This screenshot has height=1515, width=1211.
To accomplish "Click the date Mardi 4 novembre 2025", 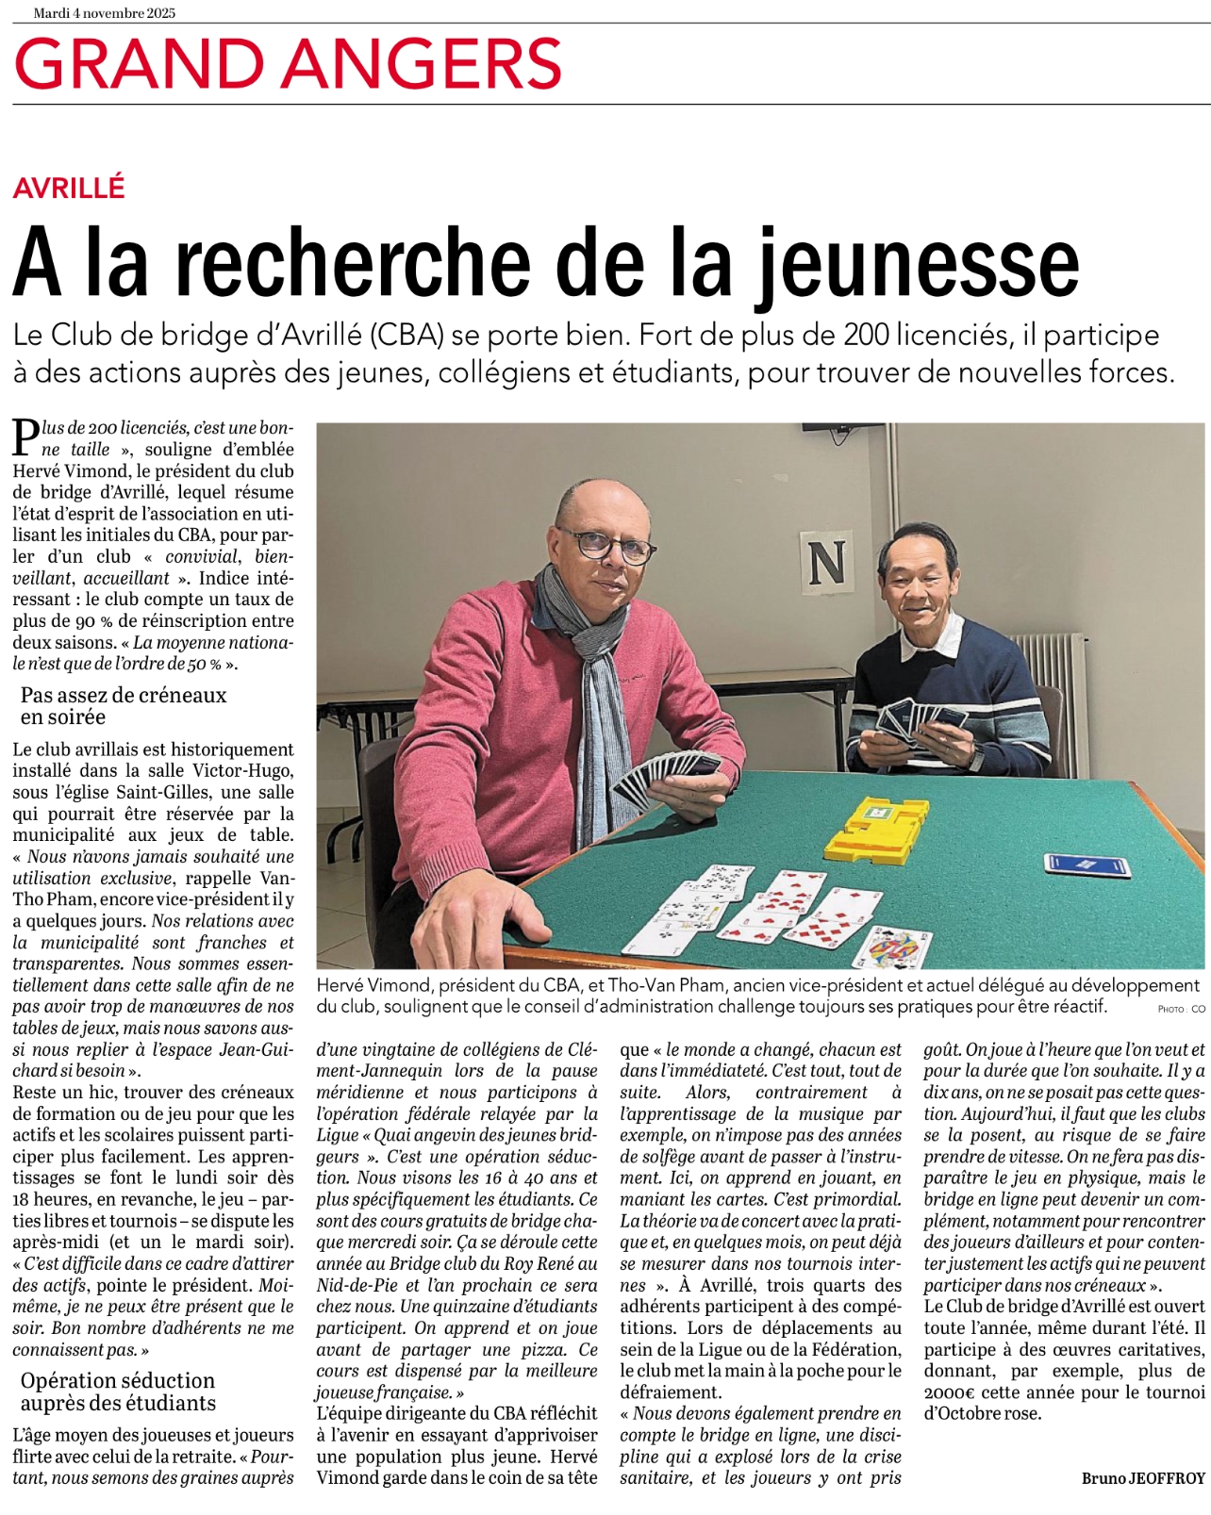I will (x=104, y=13).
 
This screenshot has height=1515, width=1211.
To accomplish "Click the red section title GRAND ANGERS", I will (x=288, y=63).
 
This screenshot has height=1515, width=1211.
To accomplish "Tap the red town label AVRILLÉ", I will (x=69, y=188).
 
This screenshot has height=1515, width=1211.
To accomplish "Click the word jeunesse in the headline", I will (x=919, y=264).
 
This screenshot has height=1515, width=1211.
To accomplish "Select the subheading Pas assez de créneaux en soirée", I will (x=124, y=706).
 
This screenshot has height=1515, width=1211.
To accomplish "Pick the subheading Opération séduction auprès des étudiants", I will (x=118, y=1391).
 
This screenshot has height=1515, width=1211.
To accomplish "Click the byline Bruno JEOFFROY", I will (x=1143, y=1478).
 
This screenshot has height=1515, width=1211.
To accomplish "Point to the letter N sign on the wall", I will (x=826, y=562).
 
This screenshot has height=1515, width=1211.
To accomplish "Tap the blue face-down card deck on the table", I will (x=1086, y=865).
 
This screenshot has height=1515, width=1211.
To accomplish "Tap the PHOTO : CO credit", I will (x=1181, y=1009).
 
